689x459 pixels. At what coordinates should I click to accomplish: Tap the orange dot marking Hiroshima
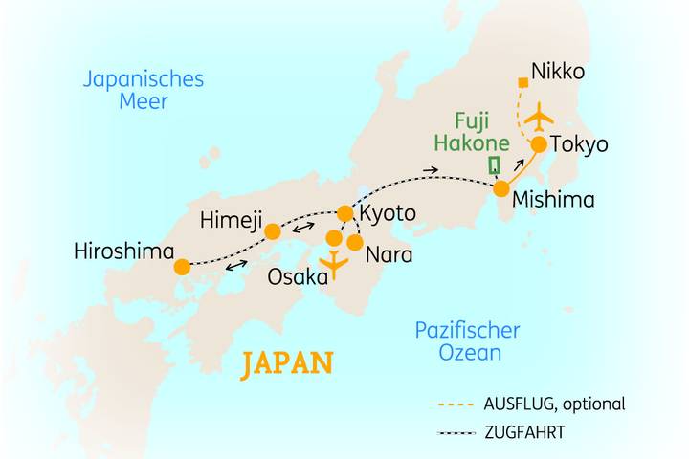(182, 269)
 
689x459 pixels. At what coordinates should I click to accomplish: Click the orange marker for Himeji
(273, 231)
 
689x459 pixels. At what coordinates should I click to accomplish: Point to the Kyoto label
(388, 212)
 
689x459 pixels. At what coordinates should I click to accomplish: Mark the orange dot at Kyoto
(345, 212)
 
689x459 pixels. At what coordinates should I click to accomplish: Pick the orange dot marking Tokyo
(539, 144)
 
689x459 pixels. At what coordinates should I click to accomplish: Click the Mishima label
(553, 201)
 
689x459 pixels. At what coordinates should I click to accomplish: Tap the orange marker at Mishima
(500, 189)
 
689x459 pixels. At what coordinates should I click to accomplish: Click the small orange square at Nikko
(522, 83)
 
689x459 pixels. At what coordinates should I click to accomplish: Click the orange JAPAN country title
(287, 363)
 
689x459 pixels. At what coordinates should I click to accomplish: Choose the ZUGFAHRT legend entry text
(523, 432)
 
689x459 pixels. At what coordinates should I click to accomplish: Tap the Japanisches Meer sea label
(144, 90)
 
